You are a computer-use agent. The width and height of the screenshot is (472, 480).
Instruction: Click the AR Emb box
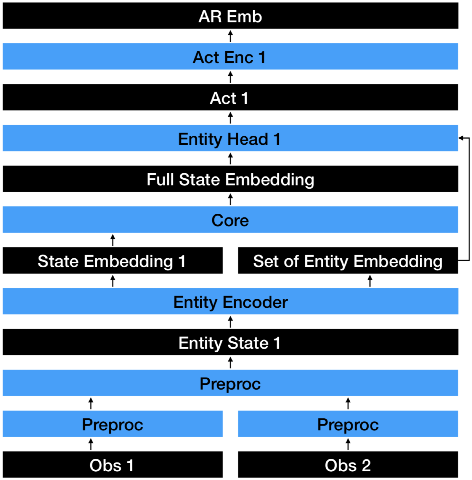tap(230, 16)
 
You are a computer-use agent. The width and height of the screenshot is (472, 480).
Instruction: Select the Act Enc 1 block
tap(230, 57)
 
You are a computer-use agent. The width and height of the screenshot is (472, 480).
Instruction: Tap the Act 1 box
tap(230, 98)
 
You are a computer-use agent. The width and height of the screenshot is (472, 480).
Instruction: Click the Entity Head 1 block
tap(230, 138)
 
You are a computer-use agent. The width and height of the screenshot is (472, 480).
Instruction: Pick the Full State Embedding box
tap(230, 179)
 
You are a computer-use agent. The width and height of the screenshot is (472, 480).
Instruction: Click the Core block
tap(230, 220)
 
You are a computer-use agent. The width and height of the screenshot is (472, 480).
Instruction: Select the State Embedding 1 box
tap(112, 261)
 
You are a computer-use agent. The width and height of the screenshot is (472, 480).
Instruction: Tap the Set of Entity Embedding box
tap(348, 261)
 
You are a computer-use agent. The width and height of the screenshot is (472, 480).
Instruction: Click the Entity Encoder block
tap(230, 301)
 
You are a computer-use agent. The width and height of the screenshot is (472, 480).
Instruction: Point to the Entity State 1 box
tap(230, 342)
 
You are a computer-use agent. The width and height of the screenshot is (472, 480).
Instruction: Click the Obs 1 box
tap(112, 465)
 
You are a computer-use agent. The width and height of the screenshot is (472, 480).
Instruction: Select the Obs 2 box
tap(348, 465)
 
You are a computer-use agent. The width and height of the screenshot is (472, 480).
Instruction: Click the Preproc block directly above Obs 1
tap(112, 424)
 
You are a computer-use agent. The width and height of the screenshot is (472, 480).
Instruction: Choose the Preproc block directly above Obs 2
tap(348, 424)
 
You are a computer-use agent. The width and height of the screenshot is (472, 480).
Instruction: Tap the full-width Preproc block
tap(230, 383)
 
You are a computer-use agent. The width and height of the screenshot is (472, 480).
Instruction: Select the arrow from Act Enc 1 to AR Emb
tap(230, 36)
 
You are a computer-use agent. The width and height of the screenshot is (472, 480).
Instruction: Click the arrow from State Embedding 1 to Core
tap(113, 240)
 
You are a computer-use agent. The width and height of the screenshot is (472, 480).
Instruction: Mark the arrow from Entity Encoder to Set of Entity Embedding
tap(370, 281)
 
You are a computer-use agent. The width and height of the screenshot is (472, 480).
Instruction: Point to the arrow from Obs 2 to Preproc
tap(348, 444)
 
